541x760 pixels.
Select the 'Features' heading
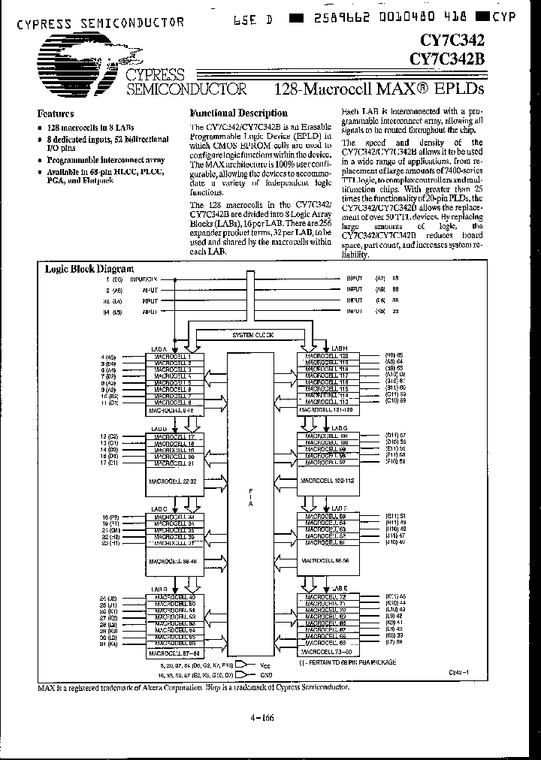[x=56, y=114]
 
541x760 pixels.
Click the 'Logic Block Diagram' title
[x=89, y=269]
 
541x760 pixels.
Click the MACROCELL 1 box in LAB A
[x=174, y=356]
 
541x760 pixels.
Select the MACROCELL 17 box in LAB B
[x=174, y=436]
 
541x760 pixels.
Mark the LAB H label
[x=338, y=348]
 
